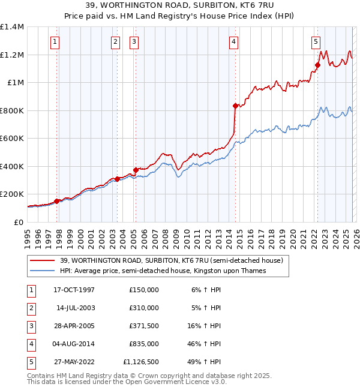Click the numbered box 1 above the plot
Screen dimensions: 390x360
coord(55,41)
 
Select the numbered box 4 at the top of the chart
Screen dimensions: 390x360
coord(233,41)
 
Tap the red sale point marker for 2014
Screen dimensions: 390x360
coord(235,106)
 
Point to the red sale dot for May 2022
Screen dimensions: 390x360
coord(317,65)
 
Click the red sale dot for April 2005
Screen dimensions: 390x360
coord(136,170)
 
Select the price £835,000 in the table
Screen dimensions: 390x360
coord(143,344)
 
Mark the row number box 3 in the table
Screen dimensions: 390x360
coord(32,326)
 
